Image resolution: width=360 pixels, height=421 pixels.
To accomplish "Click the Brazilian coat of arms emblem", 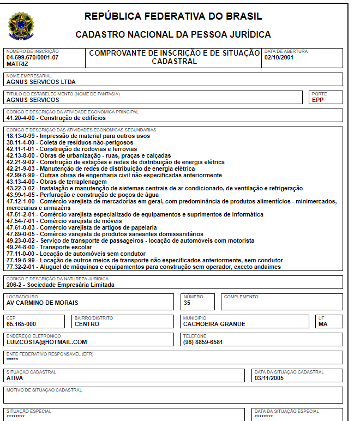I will pos(21,26).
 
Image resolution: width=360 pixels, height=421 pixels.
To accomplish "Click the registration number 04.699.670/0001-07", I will pos(32,57).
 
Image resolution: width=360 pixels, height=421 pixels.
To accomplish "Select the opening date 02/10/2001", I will pos(279,57).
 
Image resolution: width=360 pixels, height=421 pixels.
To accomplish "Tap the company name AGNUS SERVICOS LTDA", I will pos(41,82).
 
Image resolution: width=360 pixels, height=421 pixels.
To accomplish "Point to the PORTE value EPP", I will pos(318,100).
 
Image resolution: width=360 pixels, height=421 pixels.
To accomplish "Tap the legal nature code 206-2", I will pos(15,285).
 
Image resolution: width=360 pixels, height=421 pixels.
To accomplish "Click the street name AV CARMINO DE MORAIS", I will pos(42,303).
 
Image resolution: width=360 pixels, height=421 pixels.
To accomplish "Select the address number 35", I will pos(187,303).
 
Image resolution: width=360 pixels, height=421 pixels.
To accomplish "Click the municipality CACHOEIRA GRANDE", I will pos(214,324).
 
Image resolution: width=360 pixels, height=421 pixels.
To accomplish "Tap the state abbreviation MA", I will pos(323,324).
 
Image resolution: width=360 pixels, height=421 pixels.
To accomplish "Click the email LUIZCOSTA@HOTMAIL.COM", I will pos(47,342).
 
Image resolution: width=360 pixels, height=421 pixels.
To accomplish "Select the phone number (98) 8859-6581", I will pos(203,342).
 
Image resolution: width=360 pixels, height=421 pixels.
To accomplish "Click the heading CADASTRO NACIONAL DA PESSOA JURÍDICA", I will pos(173,35).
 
